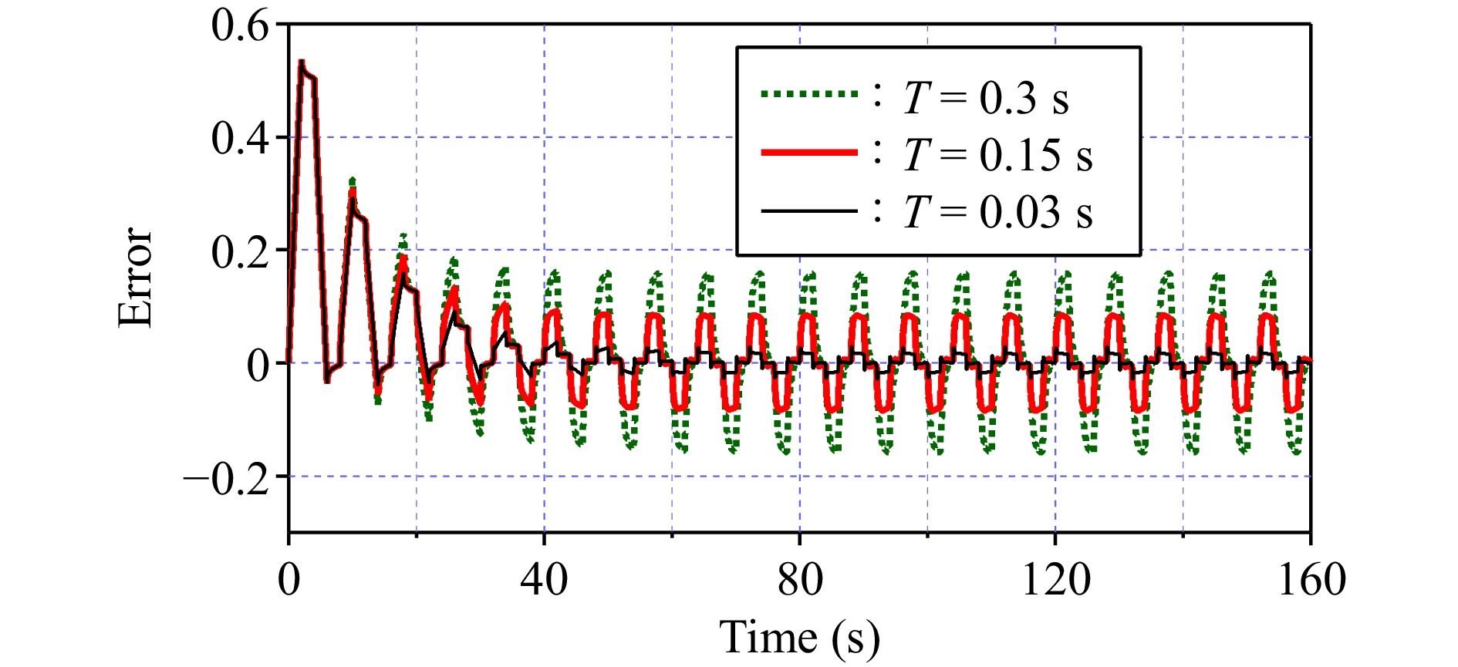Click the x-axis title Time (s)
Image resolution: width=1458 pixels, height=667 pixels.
click(x=799, y=637)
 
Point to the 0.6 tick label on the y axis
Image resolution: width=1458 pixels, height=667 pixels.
click(x=240, y=26)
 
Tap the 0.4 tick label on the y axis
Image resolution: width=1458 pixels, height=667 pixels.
click(x=240, y=139)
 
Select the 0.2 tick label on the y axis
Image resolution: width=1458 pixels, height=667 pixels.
click(x=240, y=251)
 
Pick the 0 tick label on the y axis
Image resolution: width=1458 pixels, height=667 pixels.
click(x=258, y=365)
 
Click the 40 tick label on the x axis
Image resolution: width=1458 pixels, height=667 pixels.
click(x=544, y=579)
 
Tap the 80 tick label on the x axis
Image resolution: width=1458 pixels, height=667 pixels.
click(x=800, y=579)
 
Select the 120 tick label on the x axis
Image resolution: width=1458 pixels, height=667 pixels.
click(x=1055, y=579)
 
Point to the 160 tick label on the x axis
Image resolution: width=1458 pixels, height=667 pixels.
click(x=1311, y=579)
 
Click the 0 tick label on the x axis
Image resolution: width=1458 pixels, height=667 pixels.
click(x=289, y=579)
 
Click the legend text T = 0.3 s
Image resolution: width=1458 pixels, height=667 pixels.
click(x=986, y=99)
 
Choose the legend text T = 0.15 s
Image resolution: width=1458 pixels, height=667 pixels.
click(x=997, y=155)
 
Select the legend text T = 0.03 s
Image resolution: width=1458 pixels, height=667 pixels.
click(x=997, y=211)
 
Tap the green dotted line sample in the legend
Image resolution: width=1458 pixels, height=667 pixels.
click(x=808, y=94)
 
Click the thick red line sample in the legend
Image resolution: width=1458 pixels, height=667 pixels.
click(x=808, y=153)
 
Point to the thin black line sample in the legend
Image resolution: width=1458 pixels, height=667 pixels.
click(x=808, y=211)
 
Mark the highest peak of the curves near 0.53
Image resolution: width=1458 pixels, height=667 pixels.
click(x=302, y=62)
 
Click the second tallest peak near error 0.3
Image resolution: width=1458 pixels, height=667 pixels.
click(x=352, y=182)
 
